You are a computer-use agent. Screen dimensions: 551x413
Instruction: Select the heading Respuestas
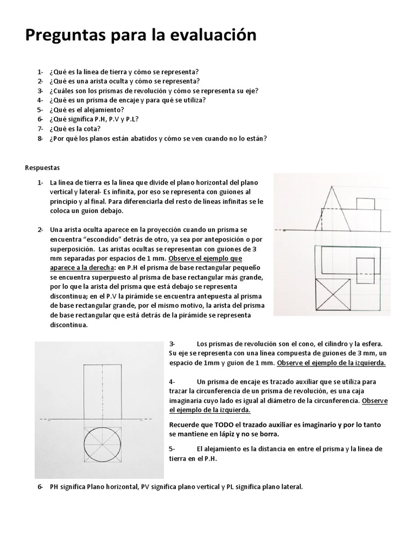click(43, 167)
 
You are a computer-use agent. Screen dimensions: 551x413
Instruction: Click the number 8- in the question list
click(40, 138)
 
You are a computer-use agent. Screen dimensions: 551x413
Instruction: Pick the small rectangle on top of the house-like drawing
click(366, 204)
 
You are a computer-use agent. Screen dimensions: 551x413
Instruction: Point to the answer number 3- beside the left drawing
click(173, 343)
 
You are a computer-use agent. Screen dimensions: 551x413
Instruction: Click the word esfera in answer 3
click(372, 343)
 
